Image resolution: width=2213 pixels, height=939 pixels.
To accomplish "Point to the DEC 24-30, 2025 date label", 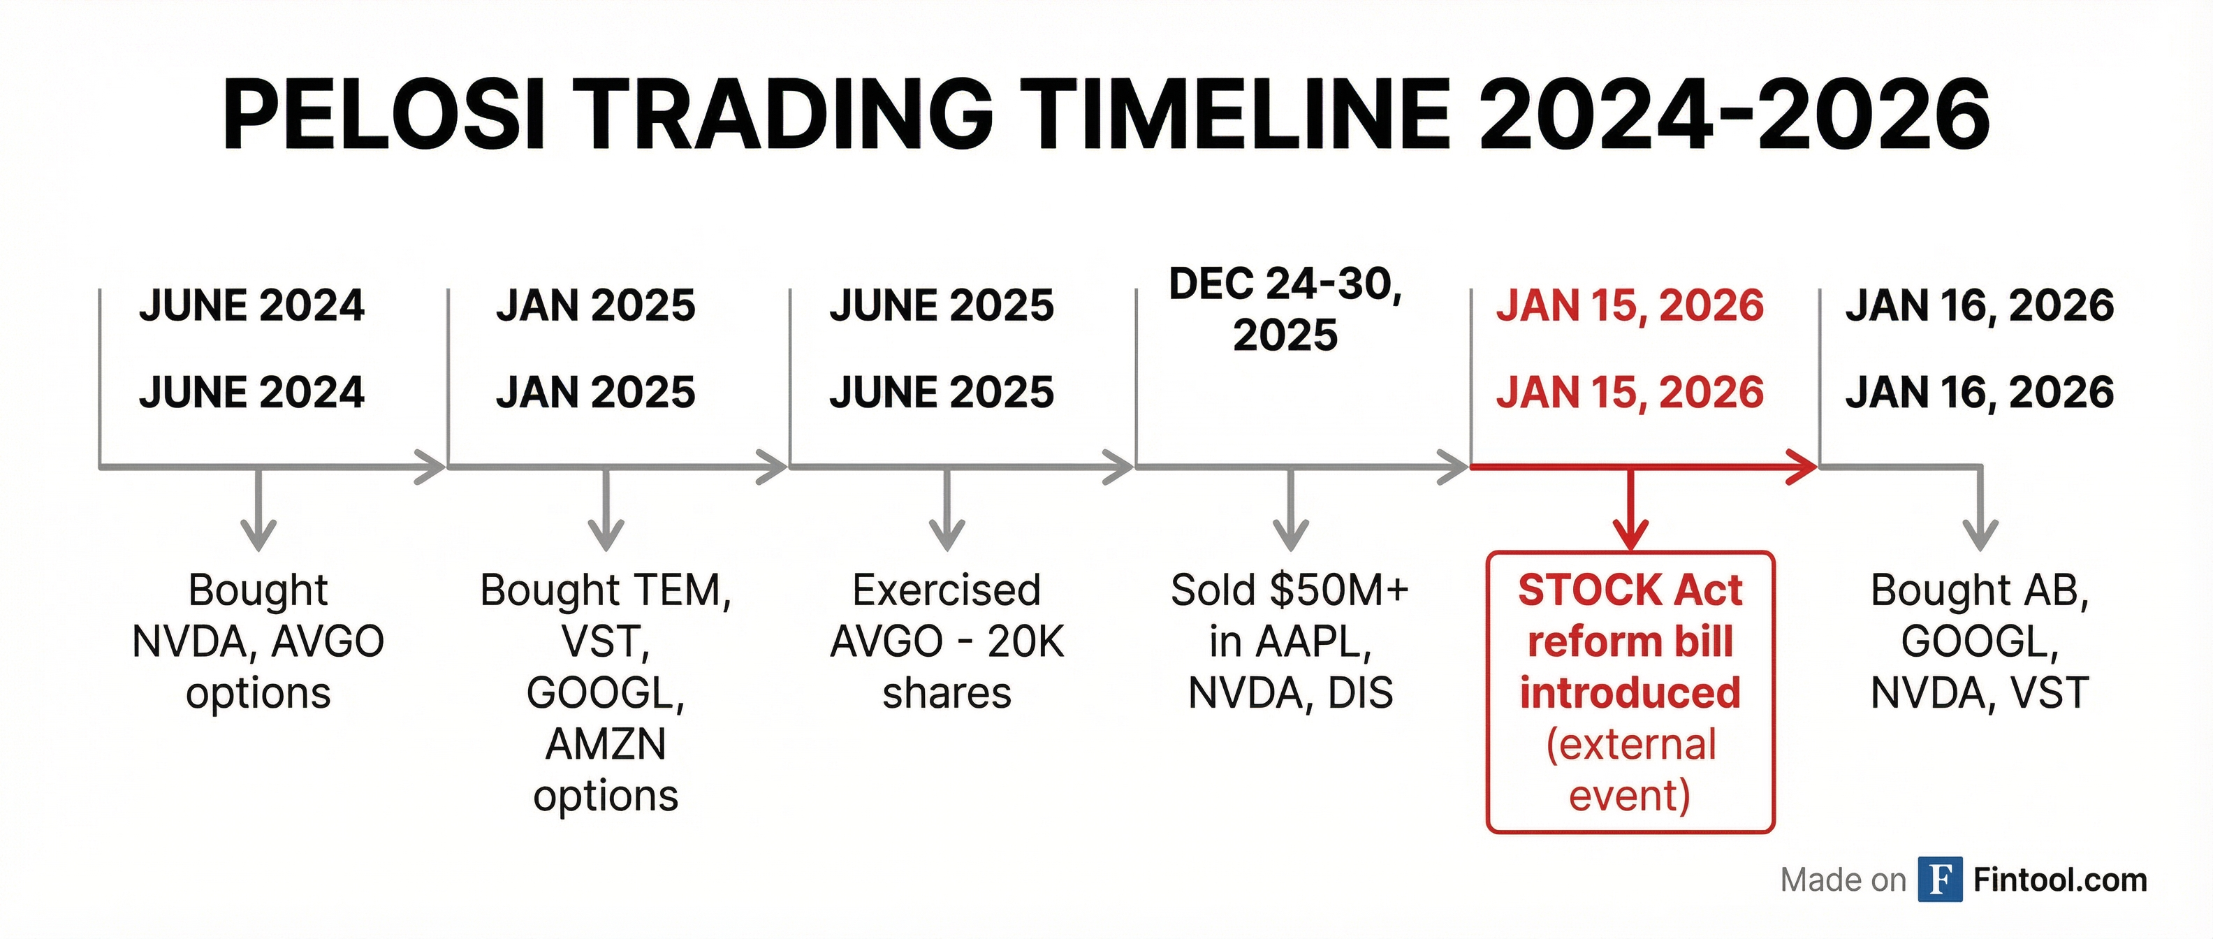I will [x=1285, y=310].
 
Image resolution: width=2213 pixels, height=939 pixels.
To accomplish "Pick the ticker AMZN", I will [x=606, y=744].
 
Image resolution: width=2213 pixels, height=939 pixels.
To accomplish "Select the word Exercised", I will [x=947, y=591].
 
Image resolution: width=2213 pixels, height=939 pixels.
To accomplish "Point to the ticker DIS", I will [x=1361, y=693].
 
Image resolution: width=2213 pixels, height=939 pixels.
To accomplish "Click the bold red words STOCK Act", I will [x=1630, y=591].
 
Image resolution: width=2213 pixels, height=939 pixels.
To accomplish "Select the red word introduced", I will [x=1630, y=693].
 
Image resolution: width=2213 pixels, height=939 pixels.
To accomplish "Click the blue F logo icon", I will [x=1940, y=880].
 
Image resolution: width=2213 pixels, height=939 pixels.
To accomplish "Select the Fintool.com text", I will [x=2060, y=880].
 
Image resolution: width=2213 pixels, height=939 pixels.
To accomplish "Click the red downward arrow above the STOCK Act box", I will [x=1630, y=516].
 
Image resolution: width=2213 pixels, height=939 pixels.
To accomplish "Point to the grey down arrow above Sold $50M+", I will [x=1290, y=516].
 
